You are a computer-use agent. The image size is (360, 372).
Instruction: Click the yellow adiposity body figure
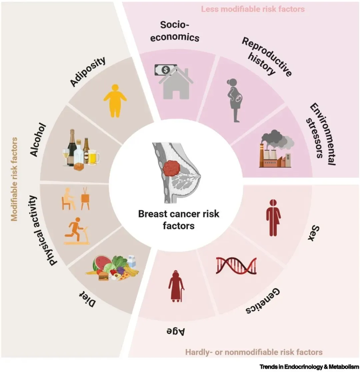115,101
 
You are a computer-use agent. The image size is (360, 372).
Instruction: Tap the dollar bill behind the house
166,70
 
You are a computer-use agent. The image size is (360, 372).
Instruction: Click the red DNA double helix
236,265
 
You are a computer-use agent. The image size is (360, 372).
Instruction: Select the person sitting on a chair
68,199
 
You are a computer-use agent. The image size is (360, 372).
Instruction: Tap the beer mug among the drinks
93,157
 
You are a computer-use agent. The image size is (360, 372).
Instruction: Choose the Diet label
88,299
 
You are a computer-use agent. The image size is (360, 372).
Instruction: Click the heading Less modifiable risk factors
253,9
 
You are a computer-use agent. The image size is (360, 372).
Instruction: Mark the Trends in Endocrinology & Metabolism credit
309,367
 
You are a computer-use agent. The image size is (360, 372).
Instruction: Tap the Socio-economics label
175,31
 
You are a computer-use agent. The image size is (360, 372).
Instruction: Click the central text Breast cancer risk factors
179,219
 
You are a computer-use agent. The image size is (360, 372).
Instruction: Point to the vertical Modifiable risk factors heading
14,179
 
